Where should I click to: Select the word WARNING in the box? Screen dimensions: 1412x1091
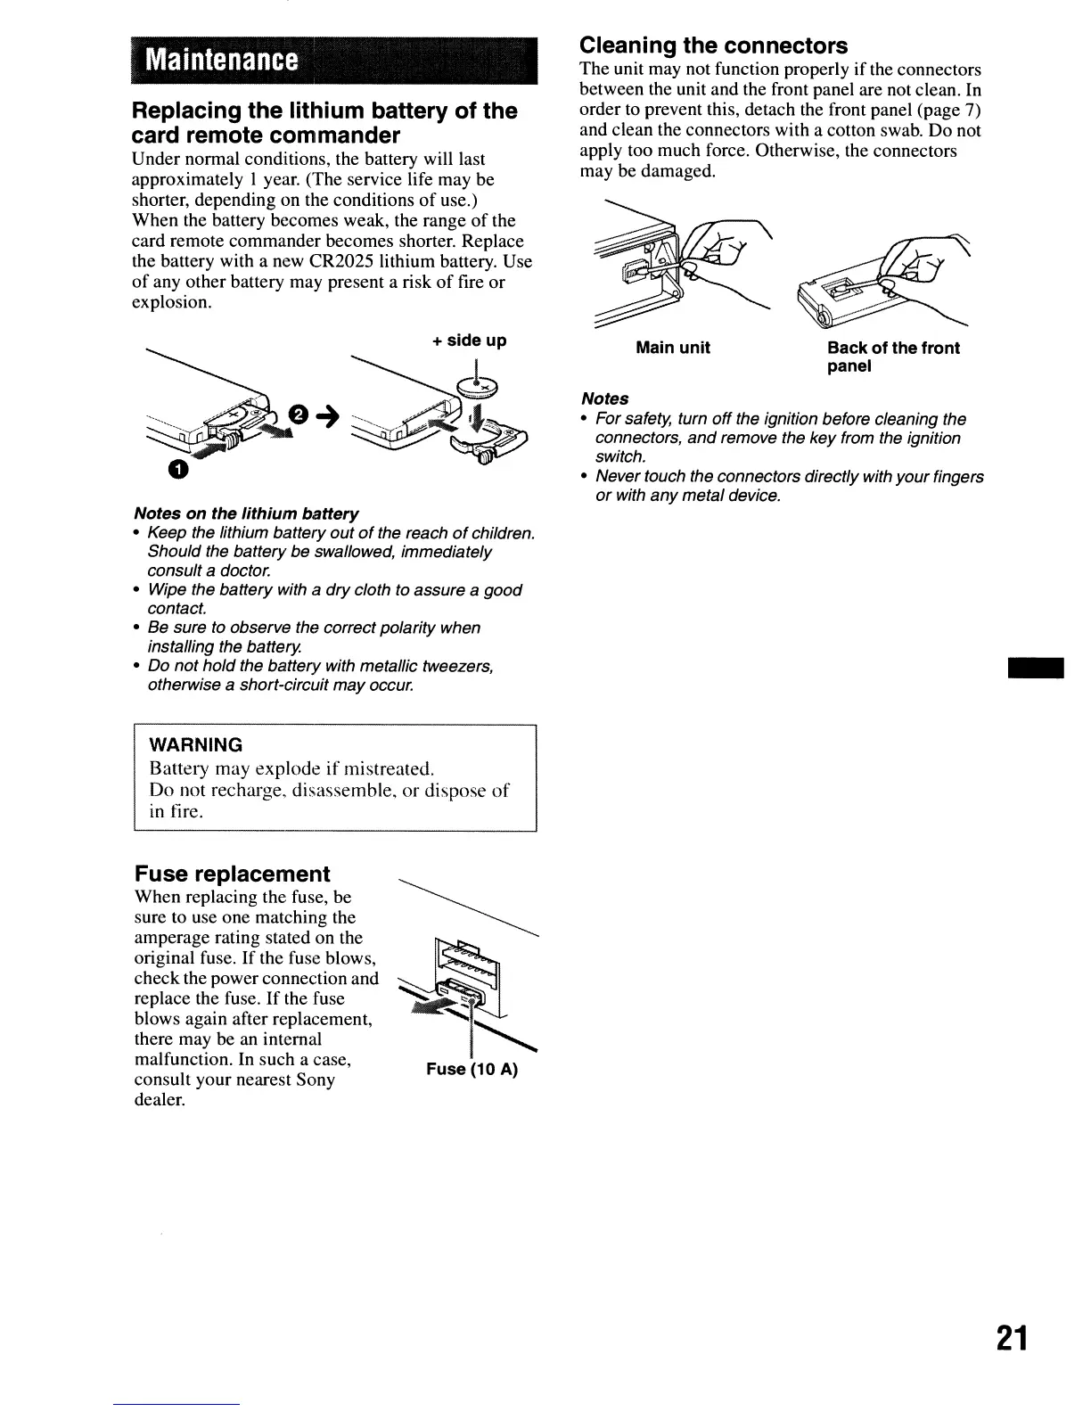point(195,744)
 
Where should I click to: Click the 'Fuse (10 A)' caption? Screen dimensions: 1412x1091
point(472,1069)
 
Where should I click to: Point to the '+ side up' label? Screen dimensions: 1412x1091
point(469,341)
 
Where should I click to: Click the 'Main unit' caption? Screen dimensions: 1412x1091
point(672,348)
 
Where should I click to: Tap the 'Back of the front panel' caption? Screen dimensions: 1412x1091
point(892,357)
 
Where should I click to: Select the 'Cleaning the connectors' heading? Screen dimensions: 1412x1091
point(713,45)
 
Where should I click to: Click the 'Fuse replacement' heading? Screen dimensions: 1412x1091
point(232,874)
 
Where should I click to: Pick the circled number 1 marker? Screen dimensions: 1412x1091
point(178,472)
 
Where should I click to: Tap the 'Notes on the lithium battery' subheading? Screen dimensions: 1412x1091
point(245,514)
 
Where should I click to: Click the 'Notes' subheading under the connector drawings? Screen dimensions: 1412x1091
point(603,398)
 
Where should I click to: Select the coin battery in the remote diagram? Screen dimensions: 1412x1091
point(478,386)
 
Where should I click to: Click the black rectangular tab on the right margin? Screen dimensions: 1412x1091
point(1036,669)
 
